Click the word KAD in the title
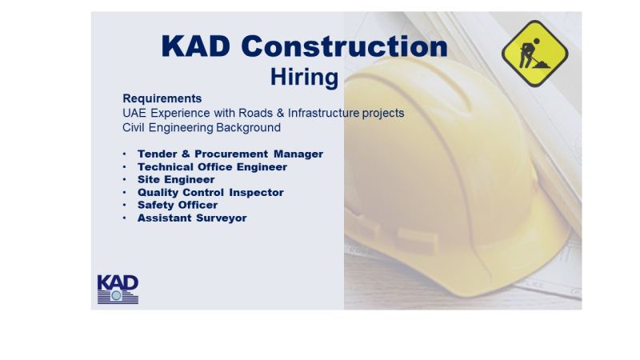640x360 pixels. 196,46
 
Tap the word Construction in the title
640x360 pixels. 345,46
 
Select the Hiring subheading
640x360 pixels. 305,77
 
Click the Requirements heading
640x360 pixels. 162,98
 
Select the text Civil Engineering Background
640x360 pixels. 202,128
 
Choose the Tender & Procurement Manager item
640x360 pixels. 230,154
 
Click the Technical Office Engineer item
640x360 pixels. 212,167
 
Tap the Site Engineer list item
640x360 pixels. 176,179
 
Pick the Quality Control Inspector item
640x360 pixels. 210,192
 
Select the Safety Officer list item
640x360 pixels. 178,205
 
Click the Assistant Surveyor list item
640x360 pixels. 192,218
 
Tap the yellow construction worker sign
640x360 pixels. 534,54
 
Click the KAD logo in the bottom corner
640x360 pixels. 118,289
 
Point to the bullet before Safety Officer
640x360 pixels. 125,205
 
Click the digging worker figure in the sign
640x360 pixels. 533,54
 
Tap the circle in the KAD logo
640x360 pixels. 116,295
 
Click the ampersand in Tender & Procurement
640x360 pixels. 186,154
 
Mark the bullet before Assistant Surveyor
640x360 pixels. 125,218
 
